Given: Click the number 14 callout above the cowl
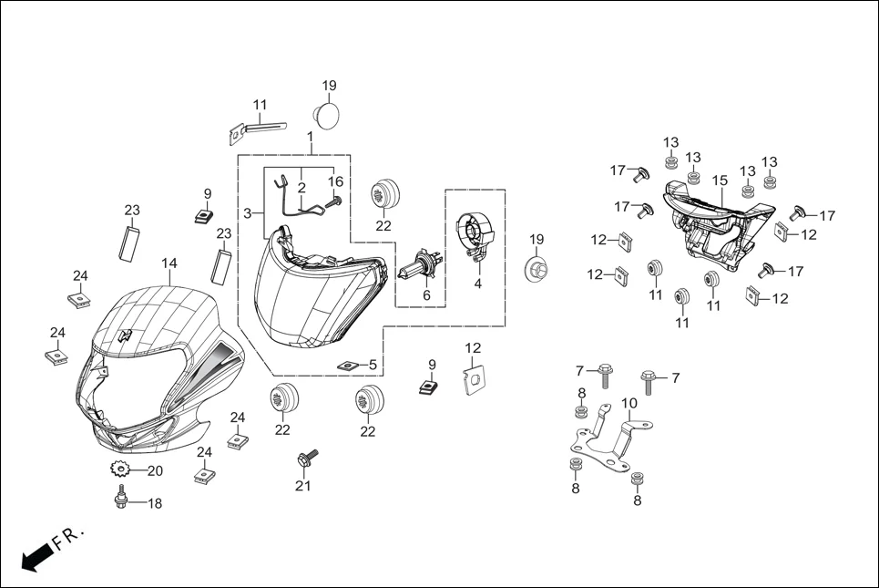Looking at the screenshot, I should point(169,263).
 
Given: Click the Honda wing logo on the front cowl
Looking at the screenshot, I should point(126,335).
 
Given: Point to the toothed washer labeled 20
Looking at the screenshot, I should point(118,470).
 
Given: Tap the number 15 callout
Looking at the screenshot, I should point(719,181).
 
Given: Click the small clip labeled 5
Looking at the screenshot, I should point(347,366).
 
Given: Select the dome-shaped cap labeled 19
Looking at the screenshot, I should point(328,115).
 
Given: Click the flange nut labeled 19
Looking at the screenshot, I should point(537,271).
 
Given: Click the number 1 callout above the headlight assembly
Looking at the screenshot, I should point(310,137).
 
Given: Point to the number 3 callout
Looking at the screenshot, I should point(247,213).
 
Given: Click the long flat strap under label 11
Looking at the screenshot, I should point(264,125).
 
